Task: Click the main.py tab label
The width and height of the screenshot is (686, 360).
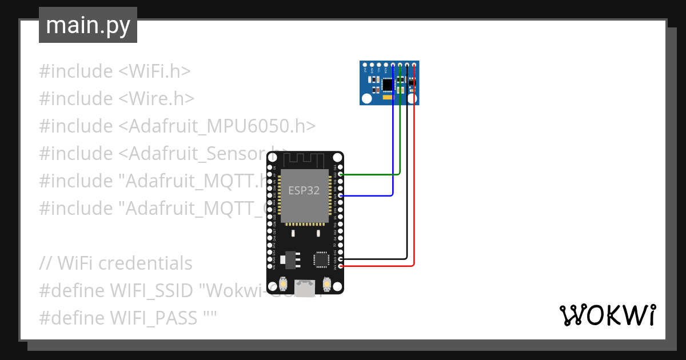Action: pyautogui.click(x=87, y=25)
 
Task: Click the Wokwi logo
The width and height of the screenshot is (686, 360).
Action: pyautogui.click(x=607, y=315)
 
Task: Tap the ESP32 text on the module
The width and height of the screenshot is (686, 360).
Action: pyautogui.click(x=304, y=190)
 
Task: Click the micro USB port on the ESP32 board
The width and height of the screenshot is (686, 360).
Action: pyautogui.click(x=305, y=287)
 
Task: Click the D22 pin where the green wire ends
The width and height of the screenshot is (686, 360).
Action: pyautogui.click(x=341, y=174)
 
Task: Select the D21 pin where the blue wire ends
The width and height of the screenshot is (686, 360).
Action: pyautogui.click(x=341, y=195)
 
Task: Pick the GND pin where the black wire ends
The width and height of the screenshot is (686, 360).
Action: pyautogui.click(x=341, y=259)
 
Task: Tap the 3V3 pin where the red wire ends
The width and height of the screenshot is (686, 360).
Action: pyautogui.click(x=341, y=266)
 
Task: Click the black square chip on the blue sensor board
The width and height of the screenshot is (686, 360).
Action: pyautogui.click(x=388, y=85)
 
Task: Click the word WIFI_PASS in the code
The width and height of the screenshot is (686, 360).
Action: pyautogui.click(x=155, y=317)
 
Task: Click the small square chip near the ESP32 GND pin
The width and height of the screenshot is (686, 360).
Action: pyautogui.click(x=320, y=259)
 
